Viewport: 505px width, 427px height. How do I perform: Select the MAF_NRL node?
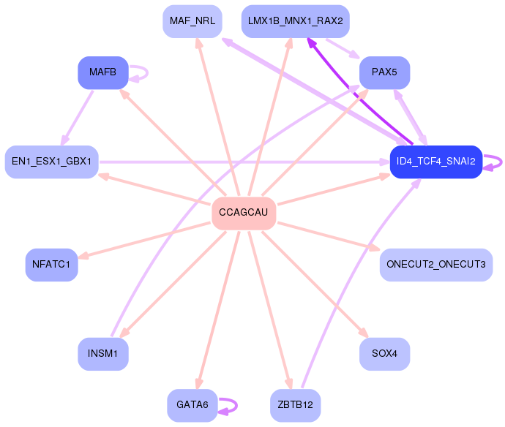192,21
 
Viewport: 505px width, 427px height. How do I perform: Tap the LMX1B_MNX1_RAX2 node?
296,21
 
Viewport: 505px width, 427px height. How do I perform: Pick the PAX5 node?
384,72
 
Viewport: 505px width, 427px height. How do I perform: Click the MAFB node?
103,72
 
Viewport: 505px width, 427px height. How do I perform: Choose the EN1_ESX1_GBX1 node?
51,162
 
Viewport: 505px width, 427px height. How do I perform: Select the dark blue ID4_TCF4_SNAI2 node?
436,162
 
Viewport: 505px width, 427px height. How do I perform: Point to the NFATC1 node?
51,265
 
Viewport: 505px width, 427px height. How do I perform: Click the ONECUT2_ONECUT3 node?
436,265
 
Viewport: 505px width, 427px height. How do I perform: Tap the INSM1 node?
103,354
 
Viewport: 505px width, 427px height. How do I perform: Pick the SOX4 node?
384,354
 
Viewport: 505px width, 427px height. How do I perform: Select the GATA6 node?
192,406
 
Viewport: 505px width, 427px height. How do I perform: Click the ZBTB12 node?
296,406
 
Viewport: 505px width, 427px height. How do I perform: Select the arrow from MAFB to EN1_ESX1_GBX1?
78,118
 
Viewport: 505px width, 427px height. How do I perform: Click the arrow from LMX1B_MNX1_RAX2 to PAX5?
343,49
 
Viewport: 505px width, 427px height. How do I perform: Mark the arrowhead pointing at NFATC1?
83,256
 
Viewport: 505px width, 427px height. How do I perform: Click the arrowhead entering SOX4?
364,333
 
